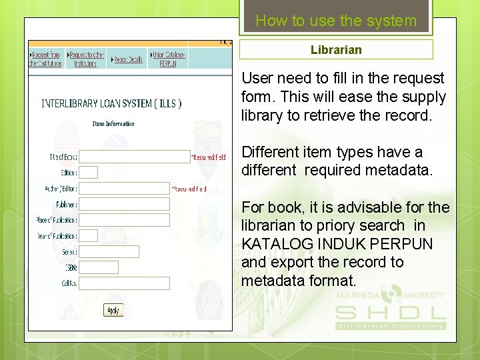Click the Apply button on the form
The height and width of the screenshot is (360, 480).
[x=113, y=310]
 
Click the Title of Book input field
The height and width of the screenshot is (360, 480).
[x=135, y=157]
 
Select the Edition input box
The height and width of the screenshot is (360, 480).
[x=89, y=173]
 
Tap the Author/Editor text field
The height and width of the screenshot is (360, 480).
[x=125, y=189]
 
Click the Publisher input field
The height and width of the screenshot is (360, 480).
[x=125, y=205]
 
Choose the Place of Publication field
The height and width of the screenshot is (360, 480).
[x=125, y=220]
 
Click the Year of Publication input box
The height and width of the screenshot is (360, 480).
[x=89, y=236]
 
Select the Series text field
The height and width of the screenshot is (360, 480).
[x=109, y=252]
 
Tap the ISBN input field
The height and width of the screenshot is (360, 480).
[x=99, y=267]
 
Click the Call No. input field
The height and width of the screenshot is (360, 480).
[x=125, y=283]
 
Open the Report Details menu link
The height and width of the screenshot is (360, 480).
[x=127, y=59]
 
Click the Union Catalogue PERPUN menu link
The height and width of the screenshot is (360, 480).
[x=168, y=59]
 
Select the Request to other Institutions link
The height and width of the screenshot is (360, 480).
[x=87, y=59]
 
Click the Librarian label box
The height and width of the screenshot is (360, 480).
[x=336, y=50]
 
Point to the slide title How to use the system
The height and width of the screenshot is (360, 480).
[x=336, y=21]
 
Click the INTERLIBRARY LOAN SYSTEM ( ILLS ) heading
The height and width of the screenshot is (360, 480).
[x=111, y=103]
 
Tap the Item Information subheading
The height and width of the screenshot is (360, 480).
[x=113, y=123]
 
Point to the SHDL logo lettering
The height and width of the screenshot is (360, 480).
[x=390, y=313]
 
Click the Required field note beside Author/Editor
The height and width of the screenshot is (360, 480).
[x=189, y=189]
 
